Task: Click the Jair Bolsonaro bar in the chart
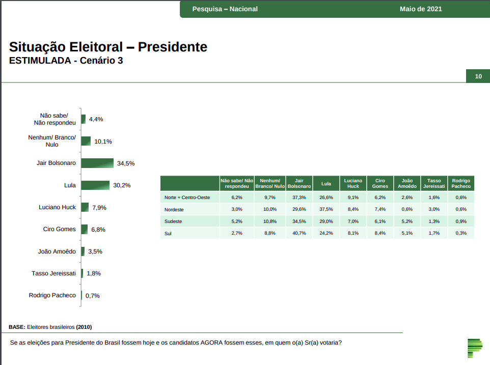[x=97, y=163]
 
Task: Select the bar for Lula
[x=95, y=185]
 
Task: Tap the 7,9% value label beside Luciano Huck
[x=99, y=208]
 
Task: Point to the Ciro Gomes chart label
[x=59, y=229]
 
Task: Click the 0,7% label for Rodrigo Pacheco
[x=92, y=296]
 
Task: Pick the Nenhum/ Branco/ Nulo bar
[x=86, y=141]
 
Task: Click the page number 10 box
[x=478, y=76]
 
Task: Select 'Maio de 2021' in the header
[x=421, y=9]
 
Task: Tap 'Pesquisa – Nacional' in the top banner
[x=225, y=9]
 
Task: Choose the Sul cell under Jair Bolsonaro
[x=299, y=233]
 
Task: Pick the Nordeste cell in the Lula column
[x=326, y=209]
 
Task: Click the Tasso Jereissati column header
[x=434, y=183]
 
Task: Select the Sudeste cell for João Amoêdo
[x=406, y=221]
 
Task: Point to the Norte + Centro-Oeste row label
[x=187, y=197]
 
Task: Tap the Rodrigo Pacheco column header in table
[x=461, y=183]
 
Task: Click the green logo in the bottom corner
[x=474, y=348]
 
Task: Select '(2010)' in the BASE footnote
[x=84, y=327]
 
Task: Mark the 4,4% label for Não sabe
[x=96, y=119]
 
